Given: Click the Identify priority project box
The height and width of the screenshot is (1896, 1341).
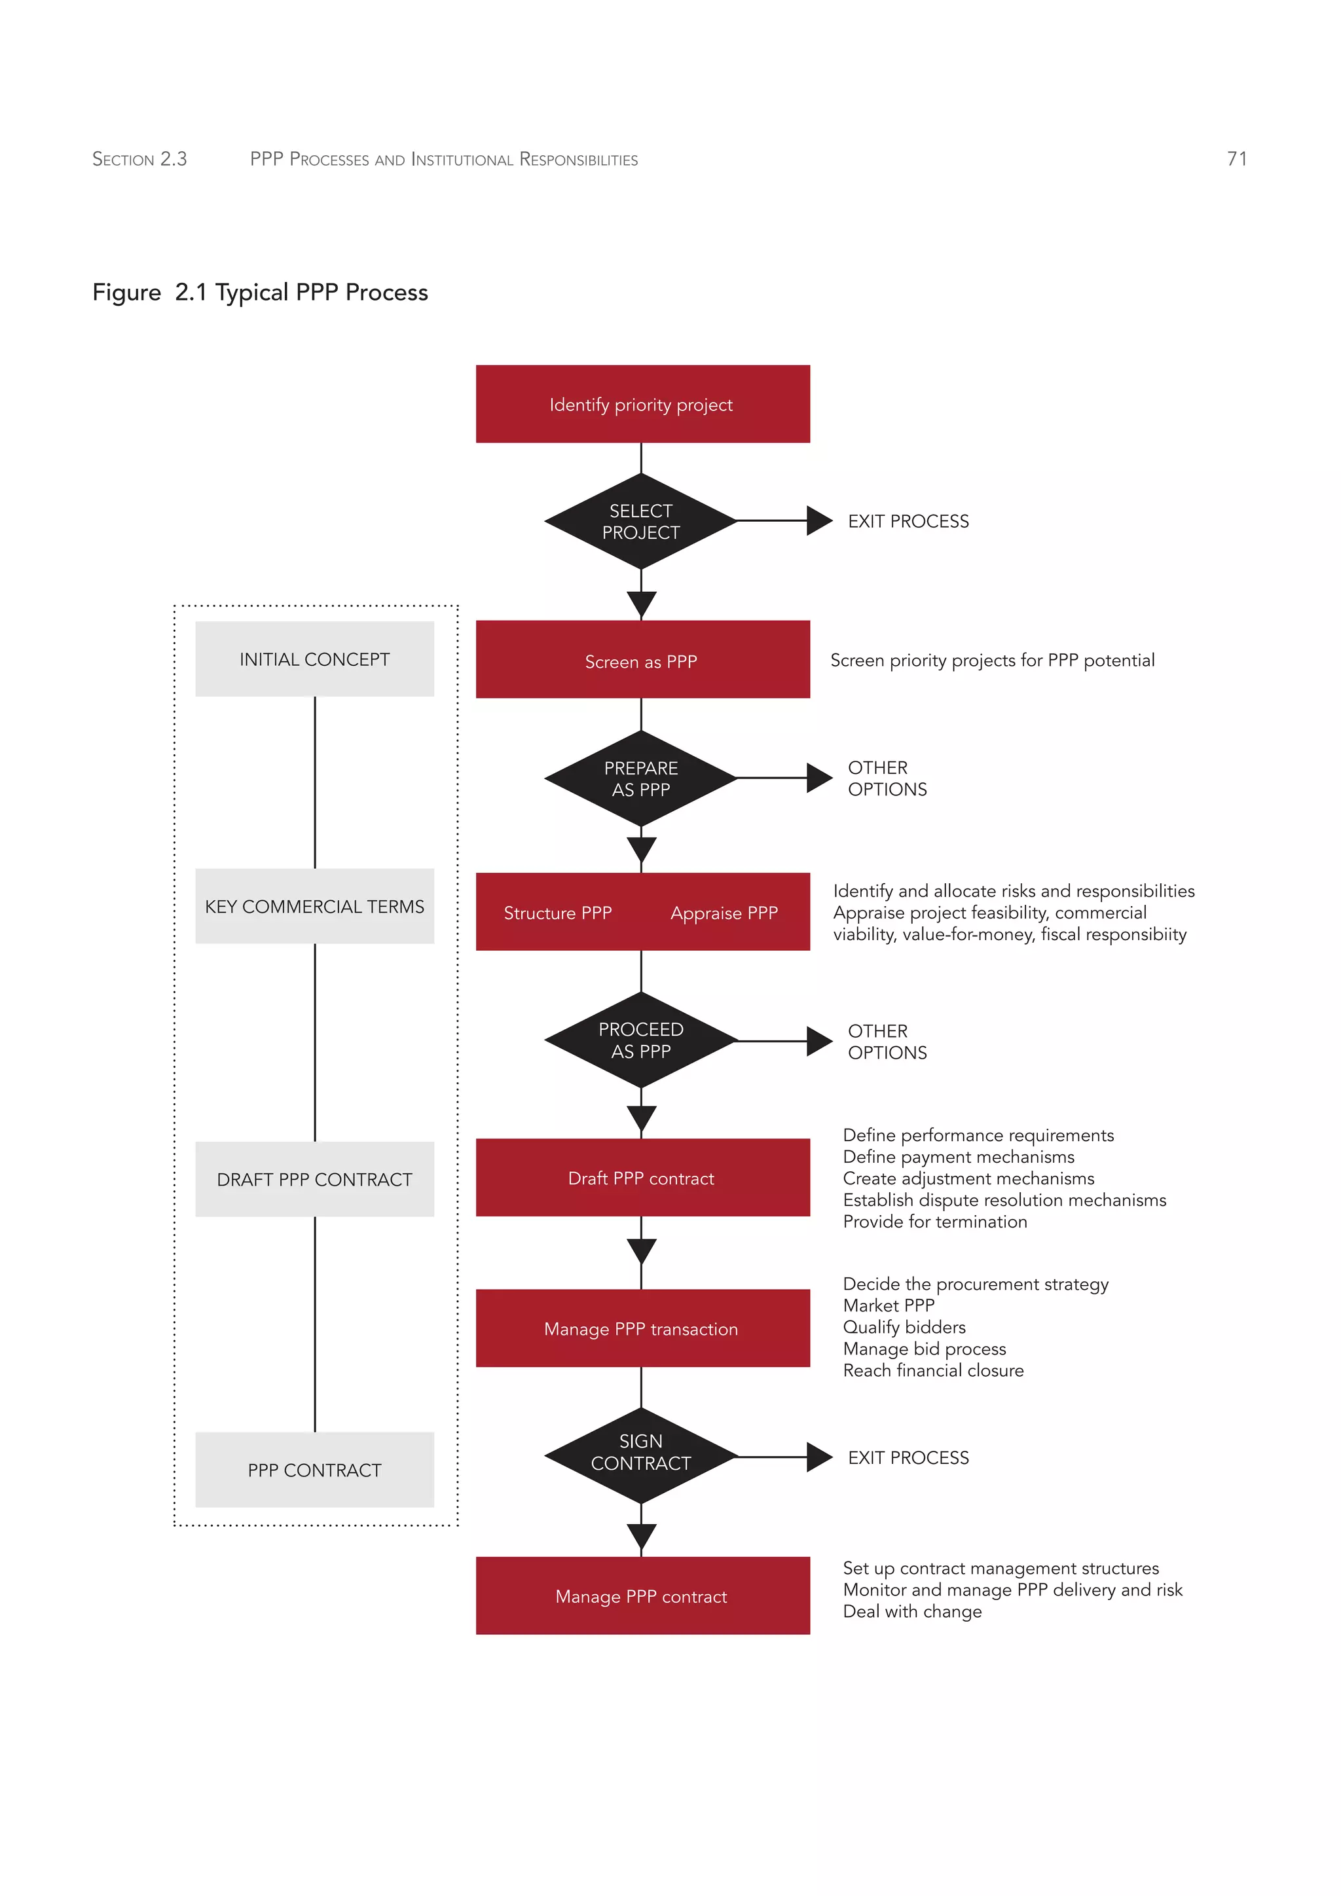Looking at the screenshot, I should pos(642,405).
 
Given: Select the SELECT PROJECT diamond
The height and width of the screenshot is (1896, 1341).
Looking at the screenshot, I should pos(641,521).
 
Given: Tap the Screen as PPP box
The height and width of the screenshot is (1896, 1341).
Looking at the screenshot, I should pos(642,661).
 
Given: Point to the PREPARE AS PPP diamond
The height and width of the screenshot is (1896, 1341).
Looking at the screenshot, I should pos(641,778).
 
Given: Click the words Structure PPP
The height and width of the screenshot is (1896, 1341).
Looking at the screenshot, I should pos(557,913).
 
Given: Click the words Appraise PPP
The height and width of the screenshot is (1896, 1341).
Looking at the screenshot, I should pos(724,913).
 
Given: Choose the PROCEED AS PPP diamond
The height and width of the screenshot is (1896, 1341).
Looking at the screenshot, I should pos(641,1040).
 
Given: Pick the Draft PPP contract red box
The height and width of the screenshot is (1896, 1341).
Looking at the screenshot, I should pos(642,1178).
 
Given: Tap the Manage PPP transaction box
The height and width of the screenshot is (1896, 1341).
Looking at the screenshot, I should pos(642,1328).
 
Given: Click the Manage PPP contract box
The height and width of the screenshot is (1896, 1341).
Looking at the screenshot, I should pos(642,1596).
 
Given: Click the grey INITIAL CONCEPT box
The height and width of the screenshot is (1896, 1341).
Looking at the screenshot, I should pos(314,659).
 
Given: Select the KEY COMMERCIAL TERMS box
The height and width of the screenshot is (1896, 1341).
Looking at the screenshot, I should pos(314,906).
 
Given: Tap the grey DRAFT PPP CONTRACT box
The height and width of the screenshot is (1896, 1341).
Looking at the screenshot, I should pos(314,1179).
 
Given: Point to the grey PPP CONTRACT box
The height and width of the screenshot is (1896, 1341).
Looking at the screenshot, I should pos(314,1470).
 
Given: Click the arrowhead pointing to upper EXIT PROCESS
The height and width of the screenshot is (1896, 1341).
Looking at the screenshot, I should pos(818,521).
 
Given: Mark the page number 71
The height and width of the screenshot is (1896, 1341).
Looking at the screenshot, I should pos(1236,158).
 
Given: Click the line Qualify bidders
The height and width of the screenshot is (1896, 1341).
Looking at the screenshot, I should pos(904,1327).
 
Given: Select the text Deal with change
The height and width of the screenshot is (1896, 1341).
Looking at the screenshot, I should pos(911,1611).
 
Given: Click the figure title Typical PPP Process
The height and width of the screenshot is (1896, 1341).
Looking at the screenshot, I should pos(321,293).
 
